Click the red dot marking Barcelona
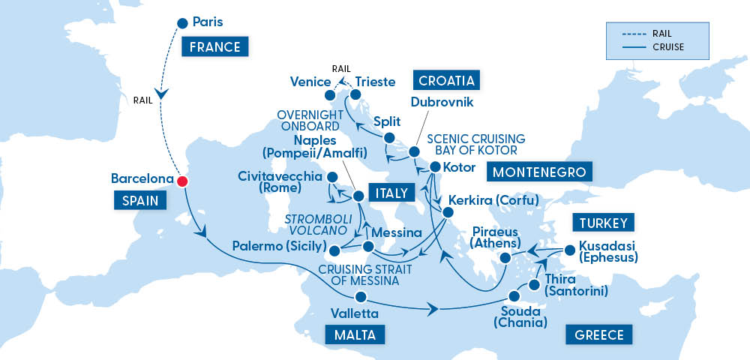coord(181,181)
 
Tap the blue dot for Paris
coord(181,22)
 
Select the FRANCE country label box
coord(214,47)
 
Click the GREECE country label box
coord(599,334)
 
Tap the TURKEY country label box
coord(604,223)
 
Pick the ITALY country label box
coord(388,193)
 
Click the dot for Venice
coord(329,96)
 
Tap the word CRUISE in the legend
coord(668,47)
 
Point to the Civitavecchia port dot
coord(329,177)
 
